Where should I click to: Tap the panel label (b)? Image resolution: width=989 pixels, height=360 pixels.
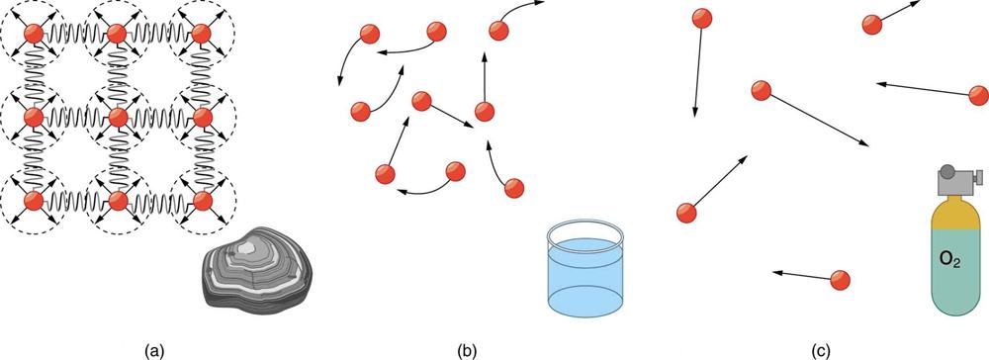(x=467, y=350)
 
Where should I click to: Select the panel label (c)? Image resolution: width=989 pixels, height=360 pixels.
(x=820, y=350)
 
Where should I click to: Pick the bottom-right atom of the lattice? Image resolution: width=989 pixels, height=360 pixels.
(x=203, y=202)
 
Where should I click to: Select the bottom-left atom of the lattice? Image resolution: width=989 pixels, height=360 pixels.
(x=33, y=202)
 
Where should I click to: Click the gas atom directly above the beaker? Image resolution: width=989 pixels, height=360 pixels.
(x=686, y=212)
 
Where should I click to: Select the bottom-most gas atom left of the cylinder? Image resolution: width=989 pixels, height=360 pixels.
(x=841, y=280)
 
